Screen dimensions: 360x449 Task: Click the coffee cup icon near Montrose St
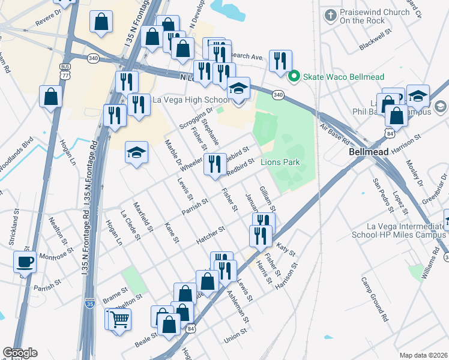pyautogui.click(x=25, y=262)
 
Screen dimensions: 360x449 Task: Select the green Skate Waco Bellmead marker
pyautogui.click(x=294, y=76)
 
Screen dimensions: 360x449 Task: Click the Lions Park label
pyautogui.click(x=280, y=163)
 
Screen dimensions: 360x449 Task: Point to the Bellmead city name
pyautogui.click(x=368, y=152)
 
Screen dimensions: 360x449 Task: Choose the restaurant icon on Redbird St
pyautogui.click(x=214, y=164)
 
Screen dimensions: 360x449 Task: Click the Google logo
pyautogui.click(x=20, y=353)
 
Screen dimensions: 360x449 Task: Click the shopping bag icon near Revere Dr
pyautogui.click(x=101, y=21)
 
